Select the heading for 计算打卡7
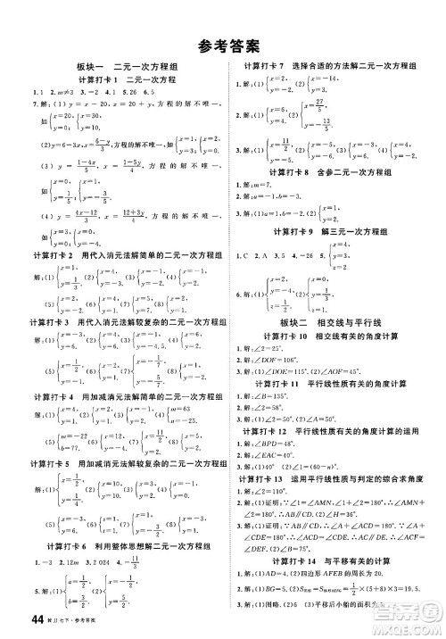pyautogui.click(x=331, y=68)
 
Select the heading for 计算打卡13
pyautogui.click(x=331, y=479)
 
